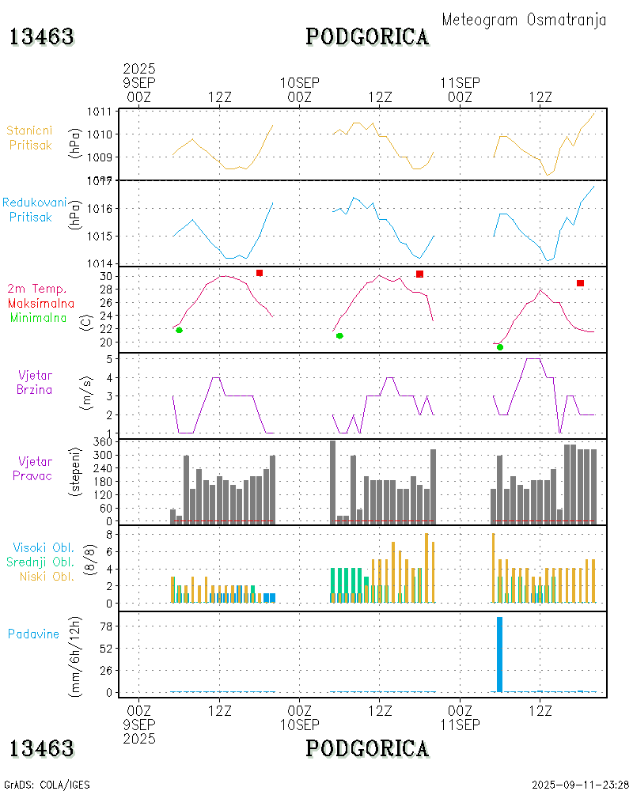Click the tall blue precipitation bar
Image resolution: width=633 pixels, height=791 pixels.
[x=500, y=654]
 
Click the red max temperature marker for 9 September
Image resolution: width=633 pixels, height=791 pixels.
[x=260, y=273]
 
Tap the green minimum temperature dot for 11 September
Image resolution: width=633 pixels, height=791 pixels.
[x=500, y=347]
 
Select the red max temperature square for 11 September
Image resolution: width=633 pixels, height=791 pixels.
[x=580, y=283]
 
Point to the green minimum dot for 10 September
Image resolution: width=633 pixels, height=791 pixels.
[x=339, y=335]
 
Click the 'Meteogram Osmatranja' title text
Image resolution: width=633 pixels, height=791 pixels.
[x=524, y=21]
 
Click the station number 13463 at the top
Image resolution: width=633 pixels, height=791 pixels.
[x=42, y=36]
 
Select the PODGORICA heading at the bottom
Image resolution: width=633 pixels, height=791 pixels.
[x=367, y=748]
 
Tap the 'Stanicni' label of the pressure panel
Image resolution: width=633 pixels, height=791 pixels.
[x=28, y=130]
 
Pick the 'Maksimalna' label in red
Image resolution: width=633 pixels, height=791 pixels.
[x=41, y=303]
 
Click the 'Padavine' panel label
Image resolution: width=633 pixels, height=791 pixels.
[x=34, y=634]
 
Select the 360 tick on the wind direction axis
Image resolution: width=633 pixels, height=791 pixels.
[x=104, y=442]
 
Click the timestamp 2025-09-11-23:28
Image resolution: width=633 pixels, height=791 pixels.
[x=581, y=785]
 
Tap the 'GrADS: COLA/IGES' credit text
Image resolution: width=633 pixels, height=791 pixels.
[x=47, y=785]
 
